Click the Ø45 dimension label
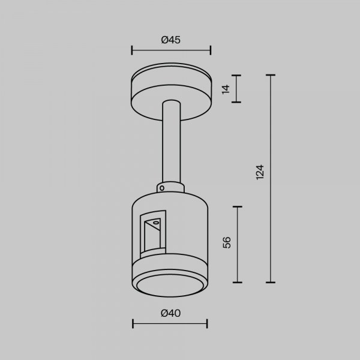pyautogui.click(x=171, y=40)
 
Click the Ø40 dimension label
pyautogui.click(x=170, y=313)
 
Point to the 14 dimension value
pyautogui.click(x=226, y=89)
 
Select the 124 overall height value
pyautogui.click(x=259, y=172)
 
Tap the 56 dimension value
pyautogui.click(x=226, y=242)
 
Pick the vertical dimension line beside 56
pyautogui.click(x=239, y=244)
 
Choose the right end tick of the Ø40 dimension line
pyautogui.click(x=207, y=324)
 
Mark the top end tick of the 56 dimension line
pyautogui.click(x=239, y=207)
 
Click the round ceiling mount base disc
pyautogui.click(x=171, y=90)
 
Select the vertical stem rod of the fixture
pyautogui.click(x=170, y=144)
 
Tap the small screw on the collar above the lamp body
pyautogui.click(x=161, y=187)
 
